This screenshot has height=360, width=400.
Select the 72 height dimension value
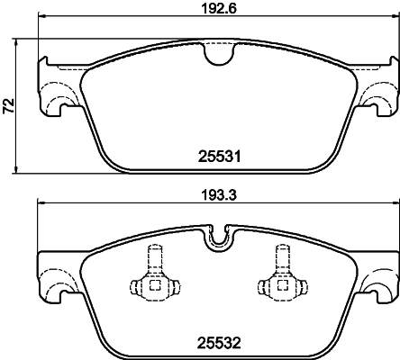(8, 106)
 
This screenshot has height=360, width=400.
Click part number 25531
(217, 155)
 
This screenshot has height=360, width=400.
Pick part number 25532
(217, 340)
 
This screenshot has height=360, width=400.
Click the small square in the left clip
(152, 287)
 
